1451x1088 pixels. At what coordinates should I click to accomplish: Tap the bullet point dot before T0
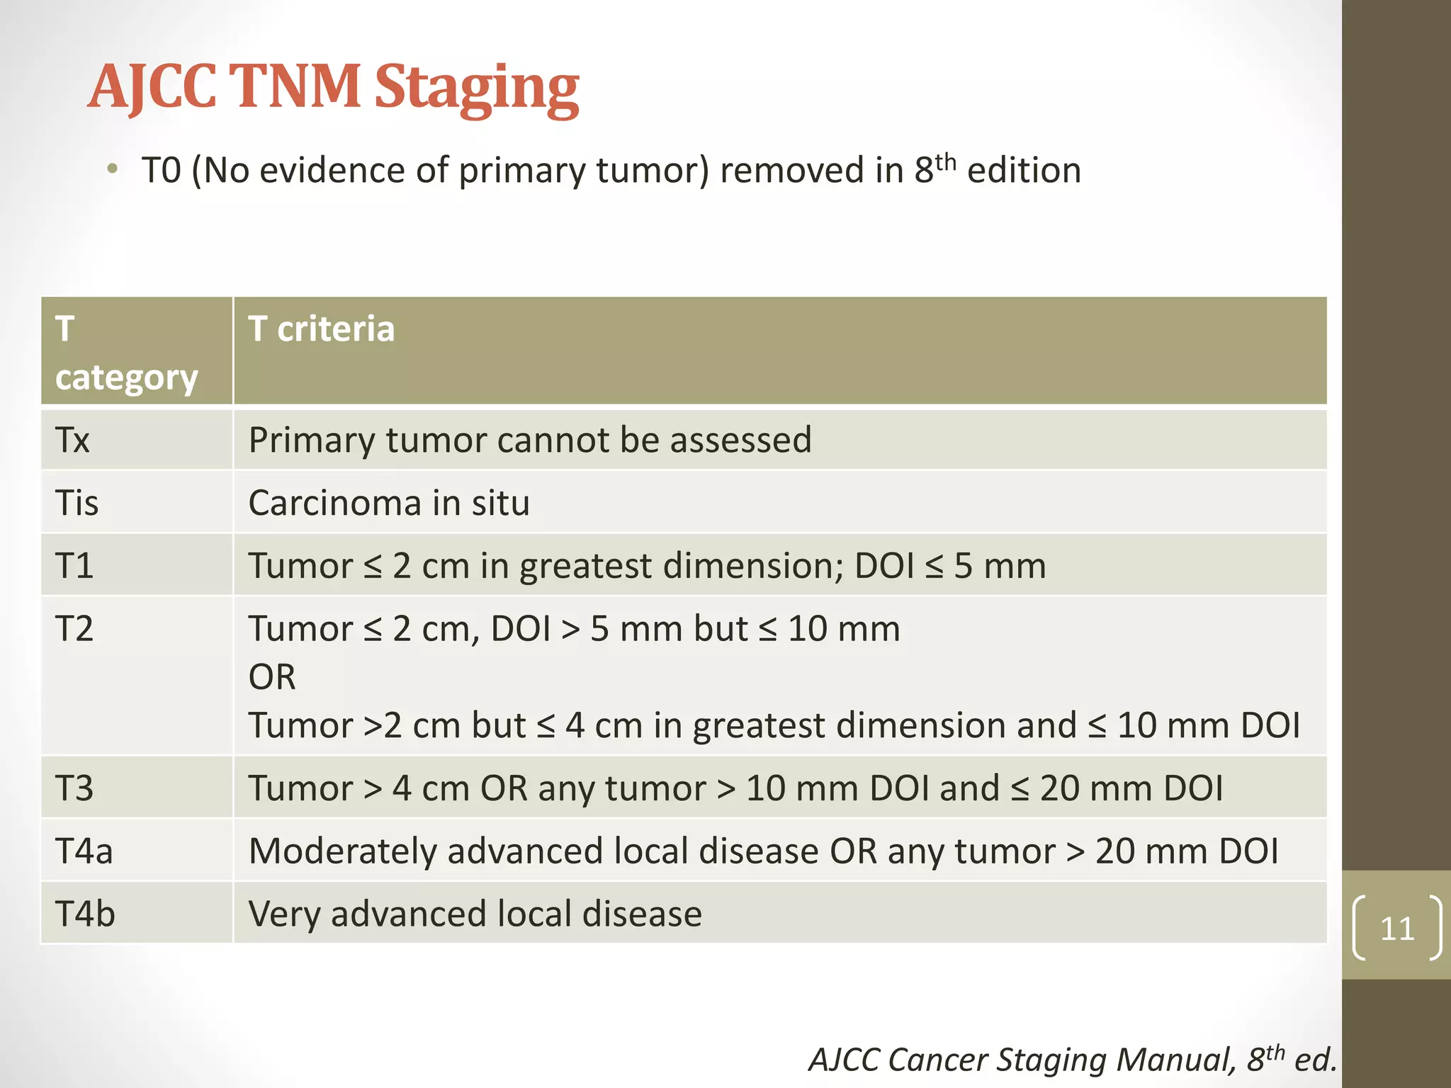(x=112, y=169)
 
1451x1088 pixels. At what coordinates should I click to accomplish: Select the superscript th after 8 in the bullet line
(x=945, y=162)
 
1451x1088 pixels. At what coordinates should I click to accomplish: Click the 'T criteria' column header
(x=321, y=329)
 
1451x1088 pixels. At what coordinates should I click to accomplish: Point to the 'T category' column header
(x=126, y=353)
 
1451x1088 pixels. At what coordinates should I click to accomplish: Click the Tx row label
(x=72, y=440)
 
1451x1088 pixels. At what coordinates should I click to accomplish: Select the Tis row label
(x=77, y=503)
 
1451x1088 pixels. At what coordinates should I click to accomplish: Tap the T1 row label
(x=74, y=566)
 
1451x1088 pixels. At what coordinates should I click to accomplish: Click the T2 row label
(x=74, y=628)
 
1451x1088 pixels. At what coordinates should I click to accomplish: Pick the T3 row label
(x=74, y=788)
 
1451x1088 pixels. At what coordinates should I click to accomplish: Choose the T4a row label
(x=84, y=851)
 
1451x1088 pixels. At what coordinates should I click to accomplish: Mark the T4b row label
(x=85, y=914)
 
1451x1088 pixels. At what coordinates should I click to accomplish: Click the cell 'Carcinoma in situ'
(x=388, y=503)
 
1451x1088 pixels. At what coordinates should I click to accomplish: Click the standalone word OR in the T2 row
(x=272, y=677)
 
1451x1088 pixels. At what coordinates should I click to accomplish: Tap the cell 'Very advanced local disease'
(x=475, y=914)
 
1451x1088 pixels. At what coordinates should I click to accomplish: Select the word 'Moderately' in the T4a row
(x=342, y=851)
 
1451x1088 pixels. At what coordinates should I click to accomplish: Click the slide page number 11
(x=1396, y=928)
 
